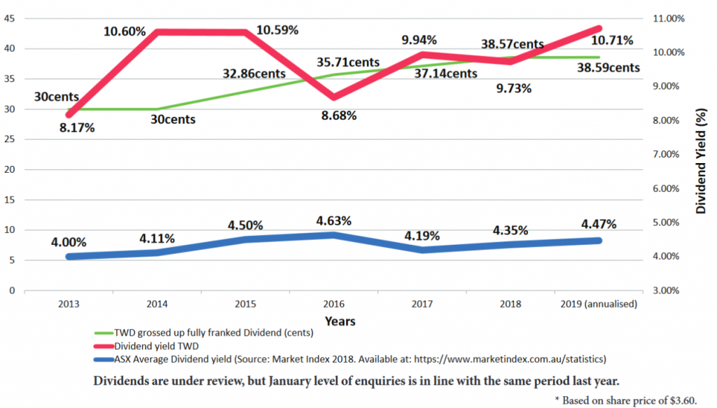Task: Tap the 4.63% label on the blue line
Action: [x=333, y=220]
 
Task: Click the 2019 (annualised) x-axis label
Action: [x=599, y=304]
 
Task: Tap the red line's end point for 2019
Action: [x=599, y=29]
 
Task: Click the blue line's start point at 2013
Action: [x=69, y=256]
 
